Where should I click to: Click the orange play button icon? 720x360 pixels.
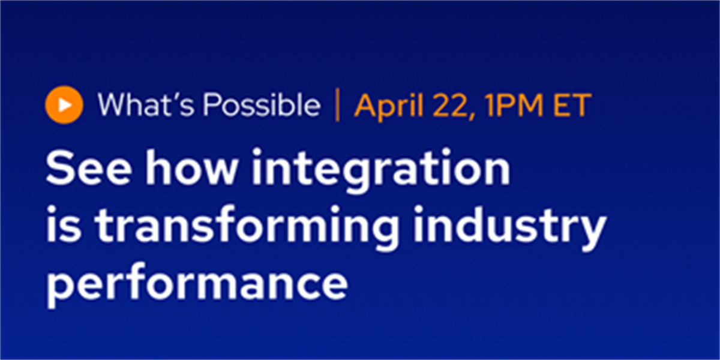[x=64, y=105]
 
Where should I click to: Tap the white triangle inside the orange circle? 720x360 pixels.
[x=65, y=105]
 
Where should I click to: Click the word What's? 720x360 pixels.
[x=146, y=104]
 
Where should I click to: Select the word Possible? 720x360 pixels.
[x=262, y=104]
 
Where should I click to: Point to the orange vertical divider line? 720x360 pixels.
[x=337, y=105]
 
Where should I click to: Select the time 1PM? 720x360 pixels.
[x=514, y=105]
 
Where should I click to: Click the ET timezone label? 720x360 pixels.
[x=572, y=105]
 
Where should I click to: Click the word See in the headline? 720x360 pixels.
[x=89, y=169]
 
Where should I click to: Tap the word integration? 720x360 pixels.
[x=381, y=170]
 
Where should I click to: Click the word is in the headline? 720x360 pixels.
[x=64, y=224]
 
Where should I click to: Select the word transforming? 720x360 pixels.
[x=247, y=227]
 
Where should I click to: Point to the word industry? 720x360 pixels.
[x=510, y=227]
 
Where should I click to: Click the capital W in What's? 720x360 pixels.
[x=113, y=104]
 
